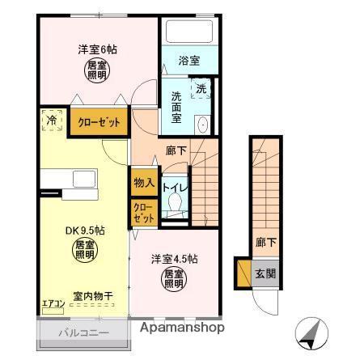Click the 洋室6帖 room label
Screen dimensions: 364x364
coord(97,49)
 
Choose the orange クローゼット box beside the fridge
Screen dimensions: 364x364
coord(99,122)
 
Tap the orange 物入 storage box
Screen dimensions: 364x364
coord(144,183)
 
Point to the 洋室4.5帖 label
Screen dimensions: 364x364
coord(172,260)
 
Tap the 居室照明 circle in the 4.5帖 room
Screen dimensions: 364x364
coord(172,280)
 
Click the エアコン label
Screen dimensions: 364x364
coord(53,303)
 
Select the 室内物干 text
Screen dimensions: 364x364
coord(91,296)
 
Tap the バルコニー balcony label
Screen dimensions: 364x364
coord(83,334)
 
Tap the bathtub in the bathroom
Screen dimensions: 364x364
coord(188,33)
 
